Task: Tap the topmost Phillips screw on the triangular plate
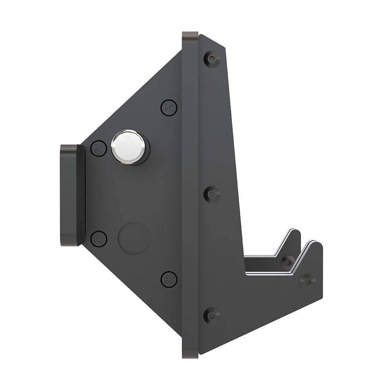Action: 169,107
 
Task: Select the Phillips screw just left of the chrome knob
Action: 99,148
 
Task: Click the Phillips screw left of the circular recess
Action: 99,239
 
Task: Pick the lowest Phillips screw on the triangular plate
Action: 169,279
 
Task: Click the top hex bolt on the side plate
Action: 212,59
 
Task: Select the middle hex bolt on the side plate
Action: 212,194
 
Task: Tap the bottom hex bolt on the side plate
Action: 212,315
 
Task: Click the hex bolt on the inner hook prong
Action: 288,261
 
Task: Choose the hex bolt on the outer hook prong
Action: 308,281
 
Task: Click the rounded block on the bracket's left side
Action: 72,195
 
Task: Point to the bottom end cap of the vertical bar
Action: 190,355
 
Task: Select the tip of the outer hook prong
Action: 316,244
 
